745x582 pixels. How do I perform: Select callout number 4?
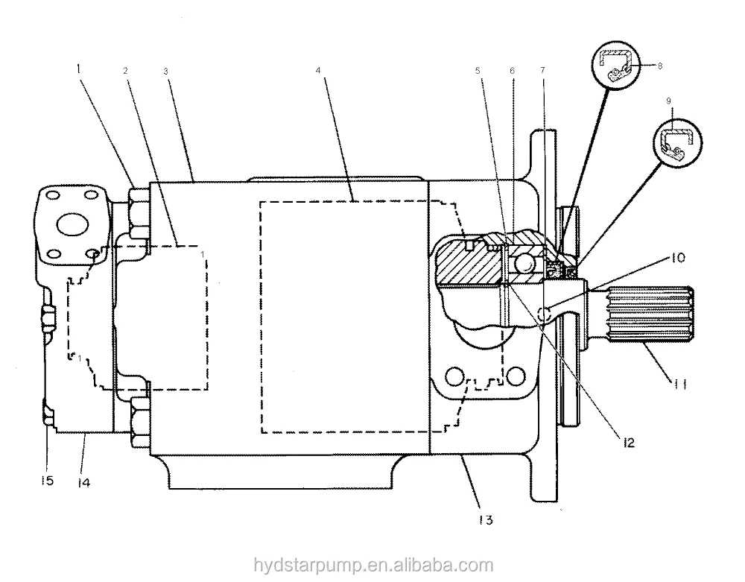click(x=318, y=71)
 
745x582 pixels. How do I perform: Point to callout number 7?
click(x=543, y=71)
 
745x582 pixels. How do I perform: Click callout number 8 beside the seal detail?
click(x=659, y=66)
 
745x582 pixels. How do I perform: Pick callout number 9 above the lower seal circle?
click(x=668, y=100)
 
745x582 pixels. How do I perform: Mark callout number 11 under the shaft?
click(x=680, y=386)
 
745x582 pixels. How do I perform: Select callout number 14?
click(x=83, y=482)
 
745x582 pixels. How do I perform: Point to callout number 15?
click(x=47, y=481)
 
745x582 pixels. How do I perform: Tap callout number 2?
click(x=125, y=70)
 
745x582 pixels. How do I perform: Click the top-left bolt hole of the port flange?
click(x=53, y=197)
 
